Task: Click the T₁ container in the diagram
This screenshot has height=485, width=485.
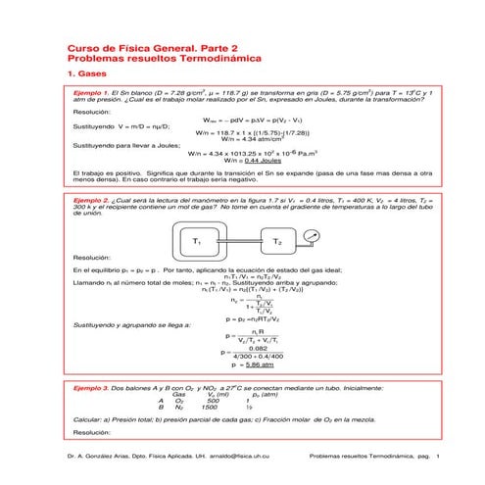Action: [199, 240]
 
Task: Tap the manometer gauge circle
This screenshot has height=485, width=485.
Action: [312, 235]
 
